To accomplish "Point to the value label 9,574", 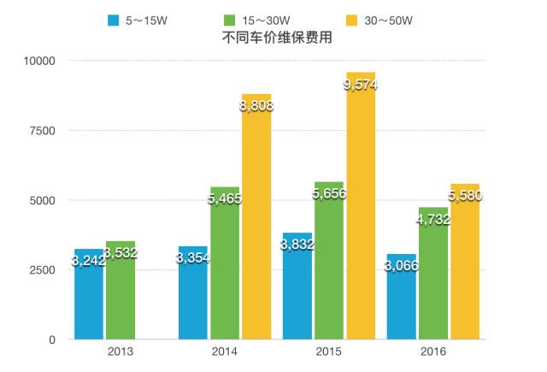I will tap(359, 85).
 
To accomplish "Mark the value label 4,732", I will tap(433, 220).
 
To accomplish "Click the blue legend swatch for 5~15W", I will tap(114, 19).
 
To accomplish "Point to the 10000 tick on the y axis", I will tap(38, 61).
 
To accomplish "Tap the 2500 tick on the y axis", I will tap(41, 269).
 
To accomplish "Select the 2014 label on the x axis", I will tap(225, 351).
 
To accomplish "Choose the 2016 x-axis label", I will tap(433, 351).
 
